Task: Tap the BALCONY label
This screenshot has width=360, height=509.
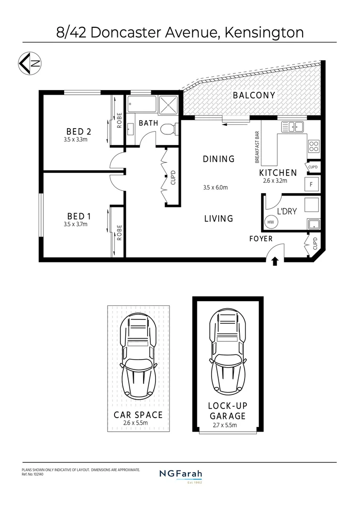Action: click(254, 95)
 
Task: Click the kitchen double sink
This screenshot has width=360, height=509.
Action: click(293, 126)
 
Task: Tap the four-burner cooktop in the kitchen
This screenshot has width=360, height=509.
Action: click(314, 146)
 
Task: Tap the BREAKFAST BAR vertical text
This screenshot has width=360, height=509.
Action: click(258, 147)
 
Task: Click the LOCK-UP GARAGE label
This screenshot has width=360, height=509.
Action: click(227, 411)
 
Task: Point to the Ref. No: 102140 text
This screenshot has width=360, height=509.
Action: click(33, 474)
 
